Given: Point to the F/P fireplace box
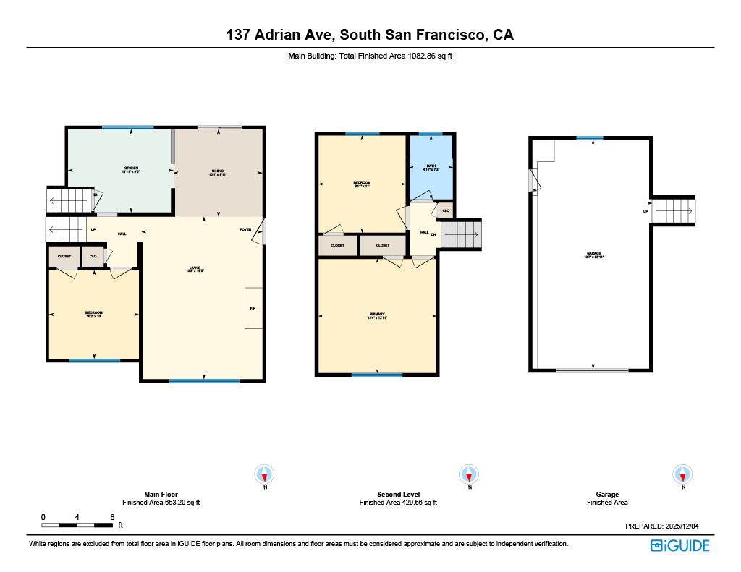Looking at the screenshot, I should (x=253, y=308).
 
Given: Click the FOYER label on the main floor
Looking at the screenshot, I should (x=246, y=230).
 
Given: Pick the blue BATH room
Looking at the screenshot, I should (x=431, y=168).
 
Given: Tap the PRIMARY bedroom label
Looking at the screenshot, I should (x=376, y=316).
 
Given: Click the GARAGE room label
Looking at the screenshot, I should (x=593, y=255).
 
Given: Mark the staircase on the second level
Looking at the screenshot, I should (x=461, y=234).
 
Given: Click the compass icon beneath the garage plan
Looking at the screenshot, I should (x=682, y=475).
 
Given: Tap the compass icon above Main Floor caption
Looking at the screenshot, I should (x=265, y=475).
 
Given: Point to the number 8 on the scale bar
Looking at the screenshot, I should (x=112, y=517).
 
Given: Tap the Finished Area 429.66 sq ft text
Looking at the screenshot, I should (x=398, y=503).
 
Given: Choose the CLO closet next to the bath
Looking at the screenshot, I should (x=445, y=211).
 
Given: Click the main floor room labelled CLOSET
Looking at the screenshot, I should (x=64, y=257).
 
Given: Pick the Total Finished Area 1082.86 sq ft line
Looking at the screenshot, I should (x=370, y=55).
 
